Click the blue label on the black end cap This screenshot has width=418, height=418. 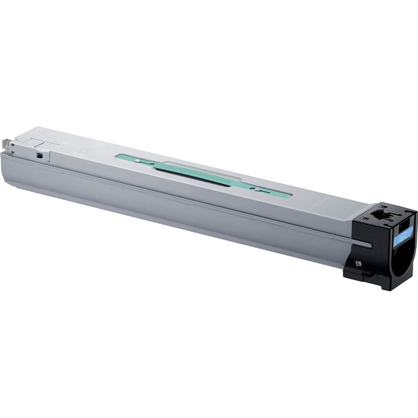point(405,236)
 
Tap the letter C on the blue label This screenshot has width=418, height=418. point(409,234)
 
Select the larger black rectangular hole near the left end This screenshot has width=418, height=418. point(39,156)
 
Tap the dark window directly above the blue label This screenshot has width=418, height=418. point(403,223)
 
